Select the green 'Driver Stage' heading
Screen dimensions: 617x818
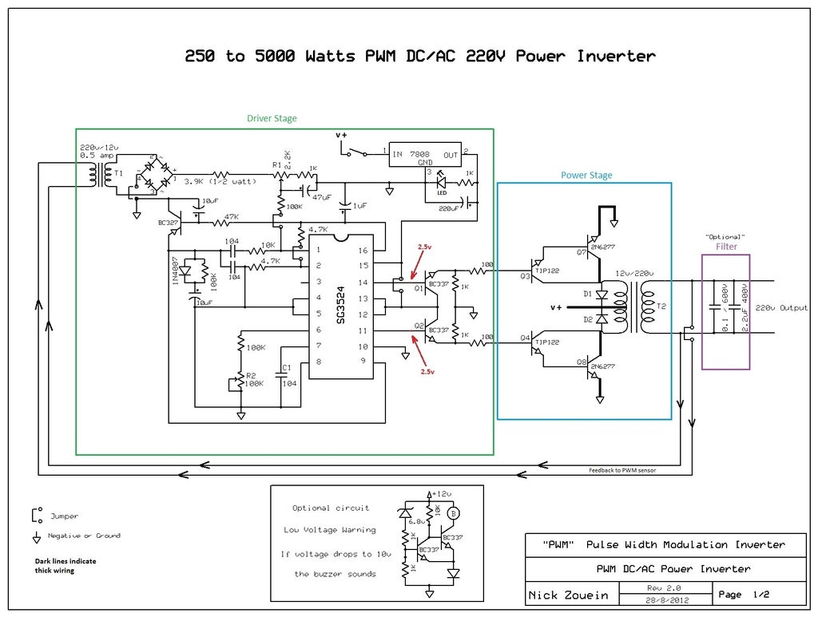272,119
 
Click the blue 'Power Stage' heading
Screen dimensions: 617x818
586,176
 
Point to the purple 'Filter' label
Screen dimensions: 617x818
726,247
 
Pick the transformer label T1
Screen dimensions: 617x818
117,172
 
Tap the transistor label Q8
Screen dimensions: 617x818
580,362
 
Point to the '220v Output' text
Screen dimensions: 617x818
782,307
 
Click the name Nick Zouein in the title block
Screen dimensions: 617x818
568,595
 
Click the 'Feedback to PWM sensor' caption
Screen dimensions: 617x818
622,471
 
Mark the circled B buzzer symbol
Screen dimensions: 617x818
454,512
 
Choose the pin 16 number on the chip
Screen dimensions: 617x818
363,250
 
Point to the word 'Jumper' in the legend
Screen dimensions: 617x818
64,516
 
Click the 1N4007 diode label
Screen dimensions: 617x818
176,271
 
